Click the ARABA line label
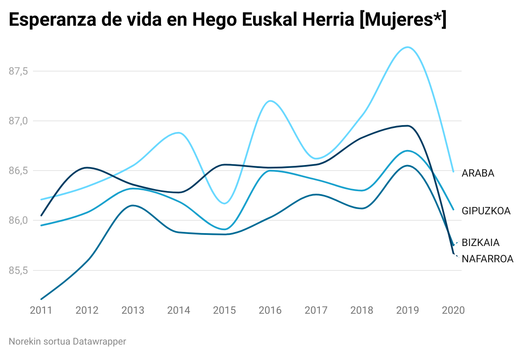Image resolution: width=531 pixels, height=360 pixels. (x=477, y=173)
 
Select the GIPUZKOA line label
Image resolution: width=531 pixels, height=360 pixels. (x=486, y=211)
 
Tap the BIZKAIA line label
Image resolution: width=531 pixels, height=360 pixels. (x=480, y=243)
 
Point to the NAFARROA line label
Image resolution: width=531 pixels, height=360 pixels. (x=487, y=259)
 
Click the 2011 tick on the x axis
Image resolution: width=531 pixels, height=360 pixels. (x=41, y=310)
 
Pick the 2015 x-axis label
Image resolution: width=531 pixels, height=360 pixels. (x=224, y=310)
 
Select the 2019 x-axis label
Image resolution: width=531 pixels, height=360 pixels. (x=407, y=310)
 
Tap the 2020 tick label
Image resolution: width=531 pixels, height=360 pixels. (x=453, y=310)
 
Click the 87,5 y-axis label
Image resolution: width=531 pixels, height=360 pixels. (x=18, y=71)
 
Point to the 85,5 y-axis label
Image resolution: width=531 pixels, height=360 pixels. (x=18, y=270)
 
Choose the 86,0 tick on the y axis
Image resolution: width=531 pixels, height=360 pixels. (x=18, y=221)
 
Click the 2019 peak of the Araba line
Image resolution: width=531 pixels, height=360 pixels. (x=407, y=47)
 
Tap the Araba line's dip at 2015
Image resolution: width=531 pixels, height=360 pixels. (x=224, y=203)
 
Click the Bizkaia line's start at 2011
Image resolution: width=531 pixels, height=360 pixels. (x=41, y=299)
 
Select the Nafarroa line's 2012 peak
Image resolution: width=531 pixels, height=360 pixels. (x=87, y=168)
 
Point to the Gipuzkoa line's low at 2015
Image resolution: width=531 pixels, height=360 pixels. (x=224, y=229)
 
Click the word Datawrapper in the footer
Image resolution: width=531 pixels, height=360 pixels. (x=99, y=342)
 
